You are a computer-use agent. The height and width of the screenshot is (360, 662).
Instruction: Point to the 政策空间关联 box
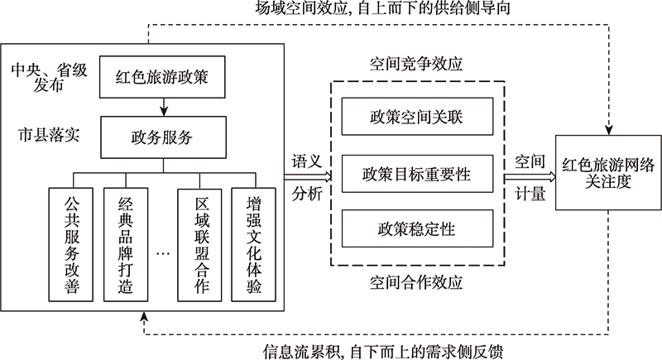click(417, 118)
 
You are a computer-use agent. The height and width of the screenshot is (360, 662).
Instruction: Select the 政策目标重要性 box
click(417, 174)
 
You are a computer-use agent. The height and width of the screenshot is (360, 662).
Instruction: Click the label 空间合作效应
click(416, 285)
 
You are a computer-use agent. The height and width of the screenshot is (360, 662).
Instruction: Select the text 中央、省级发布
click(43, 76)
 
